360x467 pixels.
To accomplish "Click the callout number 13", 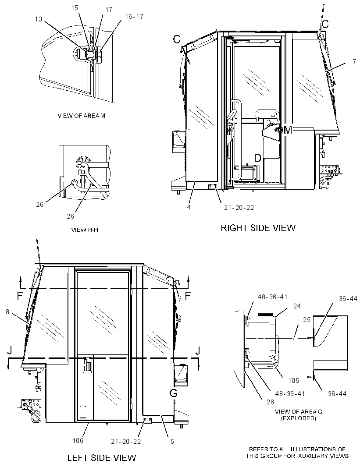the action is (x=39, y=19).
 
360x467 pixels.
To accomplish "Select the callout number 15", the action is (x=75, y=8).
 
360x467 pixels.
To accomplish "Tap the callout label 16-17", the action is (x=134, y=17).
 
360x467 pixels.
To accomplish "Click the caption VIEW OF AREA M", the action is (x=82, y=116).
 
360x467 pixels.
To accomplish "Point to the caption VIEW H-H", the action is (x=85, y=230).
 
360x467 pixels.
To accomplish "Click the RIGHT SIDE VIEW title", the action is (x=258, y=228).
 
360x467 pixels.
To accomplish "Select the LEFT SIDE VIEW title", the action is (x=102, y=457).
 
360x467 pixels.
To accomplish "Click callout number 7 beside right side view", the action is (x=354, y=62).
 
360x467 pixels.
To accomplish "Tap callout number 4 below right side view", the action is (x=189, y=207).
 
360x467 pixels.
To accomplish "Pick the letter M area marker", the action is (x=288, y=130).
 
